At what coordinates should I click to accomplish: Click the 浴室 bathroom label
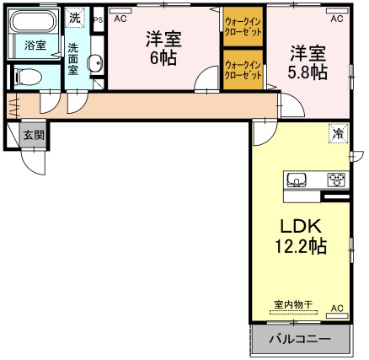click(35, 45)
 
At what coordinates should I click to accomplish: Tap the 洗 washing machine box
click(76, 17)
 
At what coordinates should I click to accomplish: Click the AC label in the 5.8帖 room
click(336, 18)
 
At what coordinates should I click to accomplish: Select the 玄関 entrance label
click(34, 134)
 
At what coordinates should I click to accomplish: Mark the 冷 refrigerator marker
click(338, 133)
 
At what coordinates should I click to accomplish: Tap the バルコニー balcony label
click(299, 341)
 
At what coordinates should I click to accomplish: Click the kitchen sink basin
click(297, 180)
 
